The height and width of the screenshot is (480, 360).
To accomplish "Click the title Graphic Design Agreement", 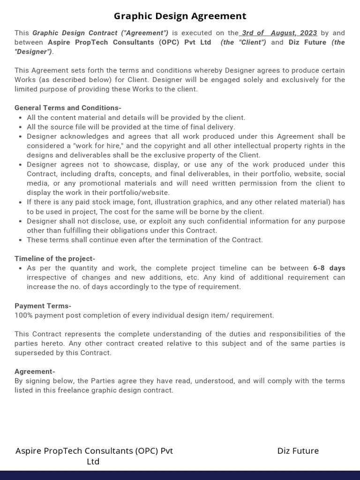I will click(x=180, y=16).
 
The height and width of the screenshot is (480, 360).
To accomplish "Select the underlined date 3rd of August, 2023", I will click(x=279, y=33).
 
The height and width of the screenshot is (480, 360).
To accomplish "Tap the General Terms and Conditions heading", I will click(x=68, y=108).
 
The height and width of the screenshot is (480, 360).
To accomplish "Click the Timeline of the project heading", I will click(x=55, y=259).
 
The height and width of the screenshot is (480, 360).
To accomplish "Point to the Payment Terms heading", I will click(x=43, y=306).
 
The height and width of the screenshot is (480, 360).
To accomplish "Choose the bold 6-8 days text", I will click(x=329, y=268).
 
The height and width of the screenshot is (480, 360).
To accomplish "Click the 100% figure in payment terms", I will click(x=23, y=315).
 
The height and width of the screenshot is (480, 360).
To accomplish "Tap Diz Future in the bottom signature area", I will click(x=298, y=451).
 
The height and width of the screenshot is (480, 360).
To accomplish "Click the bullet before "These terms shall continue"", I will click(x=21, y=240).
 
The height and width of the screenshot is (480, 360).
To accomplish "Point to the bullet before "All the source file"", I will click(x=21, y=127).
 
